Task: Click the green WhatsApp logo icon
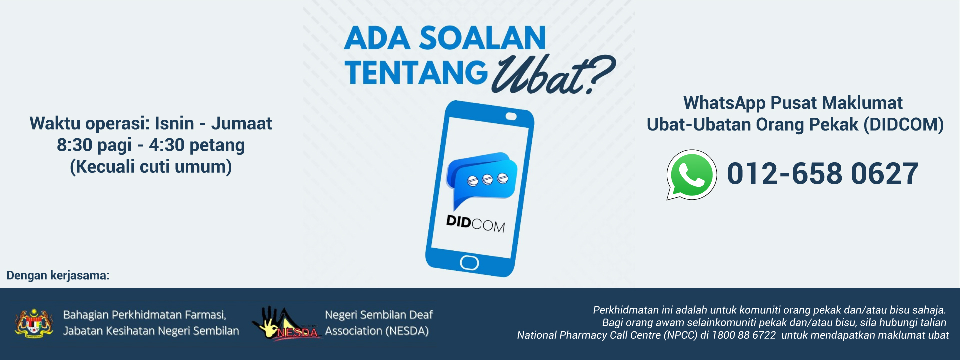click(x=692, y=175)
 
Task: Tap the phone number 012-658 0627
click(x=822, y=174)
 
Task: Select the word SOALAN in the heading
click(x=482, y=38)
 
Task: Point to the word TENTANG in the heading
click(x=416, y=73)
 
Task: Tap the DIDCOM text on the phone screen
click(x=476, y=223)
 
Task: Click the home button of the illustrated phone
click(x=469, y=262)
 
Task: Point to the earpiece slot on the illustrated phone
click(x=511, y=116)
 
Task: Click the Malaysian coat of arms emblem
click(x=34, y=323)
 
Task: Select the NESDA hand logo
click(x=285, y=323)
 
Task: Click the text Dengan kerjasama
click(x=58, y=275)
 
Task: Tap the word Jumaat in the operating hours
click(x=241, y=123)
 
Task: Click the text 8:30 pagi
click(x=94, y=145)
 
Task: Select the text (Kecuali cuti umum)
click(x=151, y=167)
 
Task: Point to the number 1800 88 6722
click(x=744, y=335)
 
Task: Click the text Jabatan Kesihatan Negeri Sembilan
click(x=151, y=331)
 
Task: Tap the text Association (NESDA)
click(x=377, y=331)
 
